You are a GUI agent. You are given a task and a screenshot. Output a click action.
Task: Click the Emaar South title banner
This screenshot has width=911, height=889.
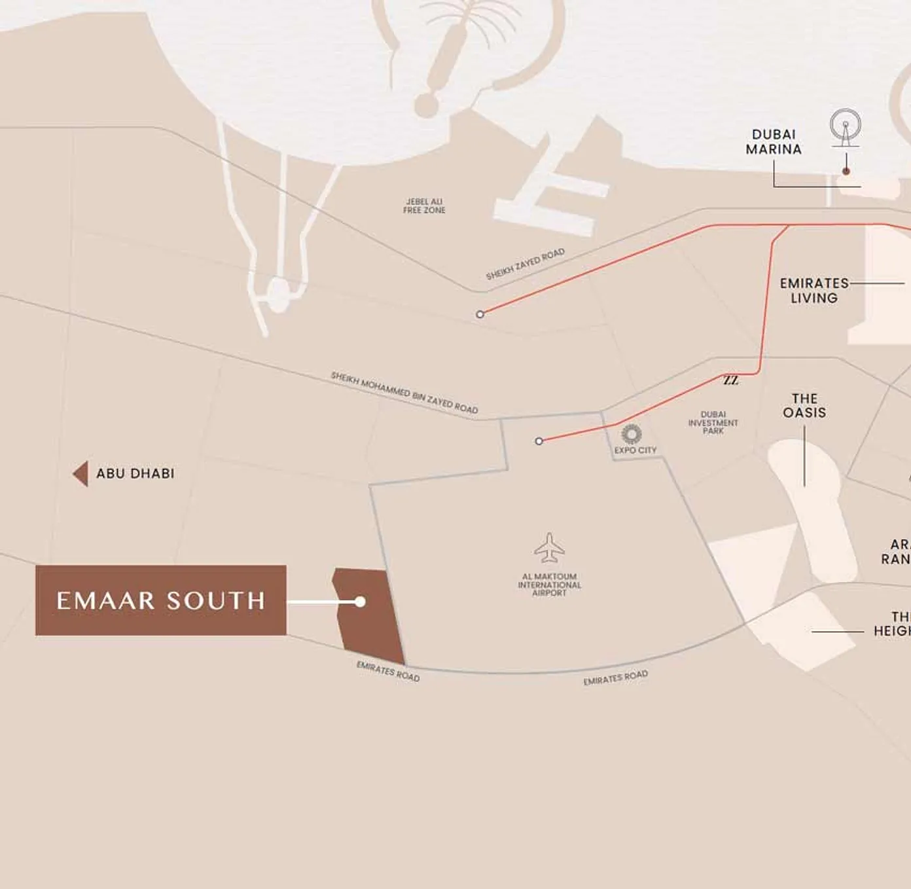click(160, 600)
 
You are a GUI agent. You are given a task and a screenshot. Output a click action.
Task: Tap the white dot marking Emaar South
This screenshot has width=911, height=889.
click(360, 602)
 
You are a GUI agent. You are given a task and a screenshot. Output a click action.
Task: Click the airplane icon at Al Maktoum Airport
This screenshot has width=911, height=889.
click(549, 548)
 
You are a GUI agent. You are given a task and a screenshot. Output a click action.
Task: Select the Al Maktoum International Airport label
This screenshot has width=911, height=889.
click(549, 585)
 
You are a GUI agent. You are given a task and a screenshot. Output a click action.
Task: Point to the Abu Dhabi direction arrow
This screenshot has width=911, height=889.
click(80, 473)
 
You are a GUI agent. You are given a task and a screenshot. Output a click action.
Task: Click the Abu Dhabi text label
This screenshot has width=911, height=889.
click(135, 473)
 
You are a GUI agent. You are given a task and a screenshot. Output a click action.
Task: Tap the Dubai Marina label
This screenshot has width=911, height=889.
click(774, 142)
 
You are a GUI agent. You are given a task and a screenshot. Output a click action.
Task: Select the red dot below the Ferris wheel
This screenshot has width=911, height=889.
click(846, 171)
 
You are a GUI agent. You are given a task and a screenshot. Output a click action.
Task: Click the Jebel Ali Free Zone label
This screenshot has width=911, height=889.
click(424, 206)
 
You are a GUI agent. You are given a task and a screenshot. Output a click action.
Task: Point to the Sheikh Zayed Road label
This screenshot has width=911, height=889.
click(525, 264)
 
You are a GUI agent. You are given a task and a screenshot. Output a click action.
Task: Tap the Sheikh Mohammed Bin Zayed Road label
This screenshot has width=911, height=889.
click(404, 392)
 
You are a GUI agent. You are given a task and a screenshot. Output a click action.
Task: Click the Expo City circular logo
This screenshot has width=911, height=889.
click(632, 433)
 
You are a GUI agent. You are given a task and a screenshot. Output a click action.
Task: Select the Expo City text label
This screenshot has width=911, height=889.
click(635, 450)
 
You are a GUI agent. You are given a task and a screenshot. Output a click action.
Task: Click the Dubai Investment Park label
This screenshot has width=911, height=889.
click(713, 423)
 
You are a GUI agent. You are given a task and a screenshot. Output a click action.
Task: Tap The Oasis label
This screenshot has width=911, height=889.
click(804, 406)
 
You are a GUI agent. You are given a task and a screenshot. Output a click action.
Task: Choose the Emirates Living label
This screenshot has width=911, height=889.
click(813, 291)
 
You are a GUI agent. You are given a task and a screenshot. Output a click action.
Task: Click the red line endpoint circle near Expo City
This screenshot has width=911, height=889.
click(539, 441)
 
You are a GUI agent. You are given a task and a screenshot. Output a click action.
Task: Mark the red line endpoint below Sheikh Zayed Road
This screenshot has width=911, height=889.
click(480, 314)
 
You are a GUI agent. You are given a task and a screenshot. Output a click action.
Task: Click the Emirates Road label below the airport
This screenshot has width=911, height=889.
click(615, 678)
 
